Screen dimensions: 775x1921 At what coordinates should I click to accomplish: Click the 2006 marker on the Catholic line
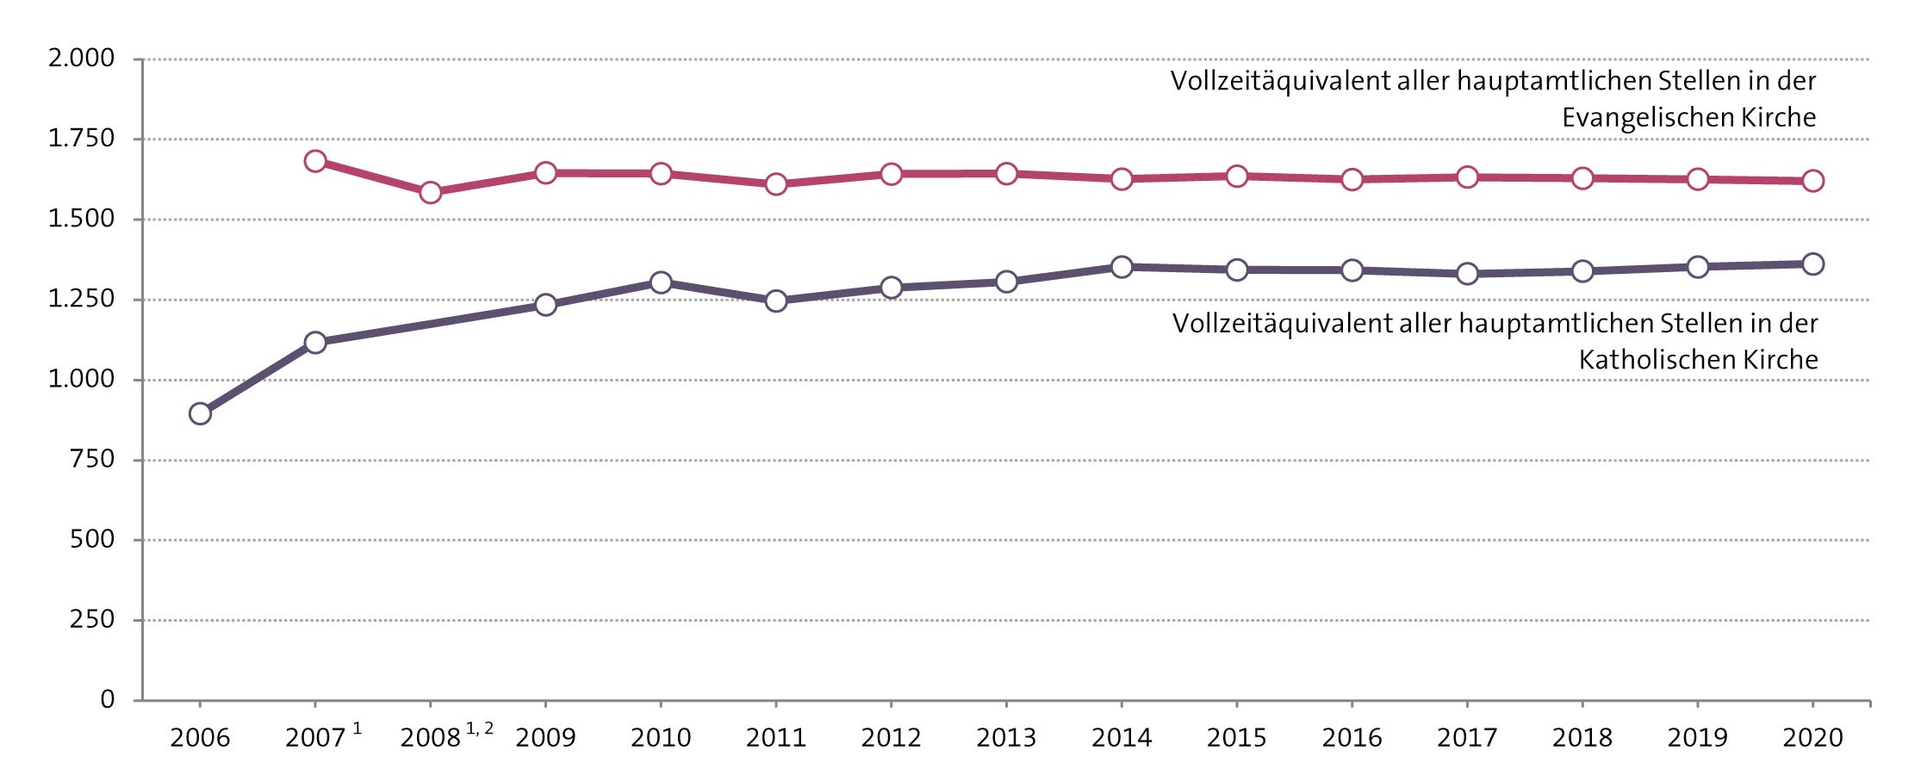click(200, 413)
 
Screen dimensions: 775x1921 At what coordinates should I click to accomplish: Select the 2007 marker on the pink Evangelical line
click(315, 161)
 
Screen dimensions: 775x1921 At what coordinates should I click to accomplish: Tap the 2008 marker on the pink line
click(431, 192)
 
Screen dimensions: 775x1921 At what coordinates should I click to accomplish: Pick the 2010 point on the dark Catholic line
click(661, 282)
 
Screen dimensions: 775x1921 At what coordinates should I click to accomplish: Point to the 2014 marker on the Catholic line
click(1122, 267)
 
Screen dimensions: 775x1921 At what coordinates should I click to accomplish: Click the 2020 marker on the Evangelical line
click(1812, 181)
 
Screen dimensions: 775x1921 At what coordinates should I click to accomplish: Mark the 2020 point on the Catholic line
click(1812, 263)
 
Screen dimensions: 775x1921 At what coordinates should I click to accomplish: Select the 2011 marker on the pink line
click(776, 184)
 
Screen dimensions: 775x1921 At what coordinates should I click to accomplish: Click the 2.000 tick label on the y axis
click(81, 59)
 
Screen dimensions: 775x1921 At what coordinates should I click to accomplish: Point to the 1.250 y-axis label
click(81, 299)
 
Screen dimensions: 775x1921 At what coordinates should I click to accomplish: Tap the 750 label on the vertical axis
click(92, 459)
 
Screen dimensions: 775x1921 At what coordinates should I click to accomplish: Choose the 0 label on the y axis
click(107, 699)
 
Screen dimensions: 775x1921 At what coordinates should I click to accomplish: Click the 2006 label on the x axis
click(200, 738)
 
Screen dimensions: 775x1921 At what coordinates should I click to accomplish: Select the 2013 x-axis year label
click(1006, 738)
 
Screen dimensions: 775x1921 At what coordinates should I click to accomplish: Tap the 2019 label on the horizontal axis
click(1697, 738)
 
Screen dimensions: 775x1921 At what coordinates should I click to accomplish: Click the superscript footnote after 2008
click(480, 729)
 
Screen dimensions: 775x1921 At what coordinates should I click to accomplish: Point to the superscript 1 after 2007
click(357, 729)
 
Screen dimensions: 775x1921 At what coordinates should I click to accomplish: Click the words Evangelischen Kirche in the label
click(1688, 117)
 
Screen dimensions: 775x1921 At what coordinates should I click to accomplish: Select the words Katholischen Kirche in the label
click(1698, 360)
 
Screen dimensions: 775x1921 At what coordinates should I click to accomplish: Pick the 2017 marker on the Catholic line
click(1467, 274)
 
